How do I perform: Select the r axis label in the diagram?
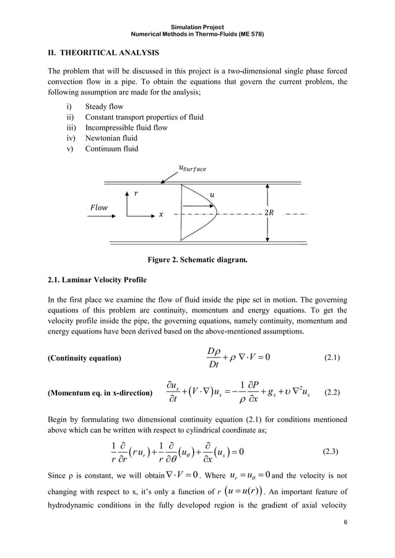tap(137, 193)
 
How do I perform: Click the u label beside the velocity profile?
tap(213, 194)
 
